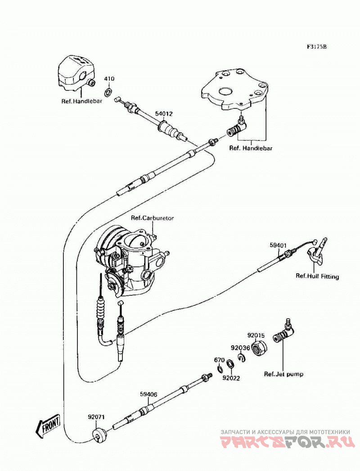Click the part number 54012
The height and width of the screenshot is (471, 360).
point(164,114)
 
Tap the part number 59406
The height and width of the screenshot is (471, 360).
point(148,394)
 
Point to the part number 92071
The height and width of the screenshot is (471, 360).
point(96,417)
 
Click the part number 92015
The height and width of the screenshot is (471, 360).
point(256,335)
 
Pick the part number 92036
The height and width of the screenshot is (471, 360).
point(240,348)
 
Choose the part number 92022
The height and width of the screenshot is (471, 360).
point(231,378)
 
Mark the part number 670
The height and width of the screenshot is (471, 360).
point(219,360)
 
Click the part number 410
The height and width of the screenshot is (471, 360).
point(109,79)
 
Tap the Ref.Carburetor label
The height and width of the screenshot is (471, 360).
point(152,218)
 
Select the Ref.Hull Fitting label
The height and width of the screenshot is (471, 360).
point(317,276)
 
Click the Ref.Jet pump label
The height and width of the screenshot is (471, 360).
point(283,374)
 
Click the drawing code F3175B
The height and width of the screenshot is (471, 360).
point(316,47)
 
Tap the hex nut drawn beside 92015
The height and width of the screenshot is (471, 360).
point(259,348)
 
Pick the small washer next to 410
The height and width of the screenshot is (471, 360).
point(108,90)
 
